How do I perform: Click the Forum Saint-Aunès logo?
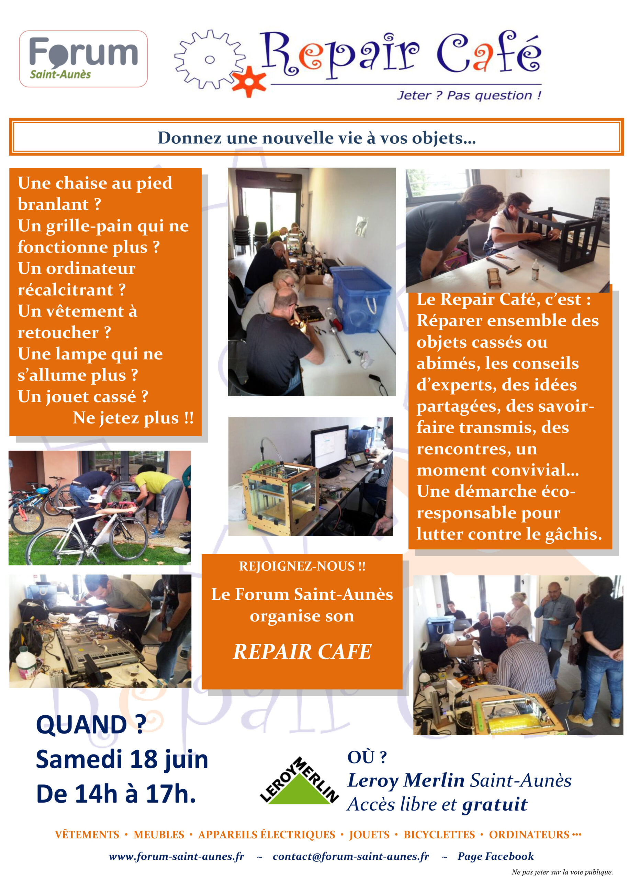(x=83, y=59)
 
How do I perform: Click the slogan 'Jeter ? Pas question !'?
(x=469, y=95)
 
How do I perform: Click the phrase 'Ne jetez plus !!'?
(x=133, y=418)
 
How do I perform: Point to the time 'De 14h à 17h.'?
(x=116, y=794)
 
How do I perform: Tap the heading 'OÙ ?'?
(x=367, y=757)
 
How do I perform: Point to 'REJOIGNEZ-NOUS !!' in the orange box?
(x=302, y=566)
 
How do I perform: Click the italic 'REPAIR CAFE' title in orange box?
(x=302, y=651)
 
